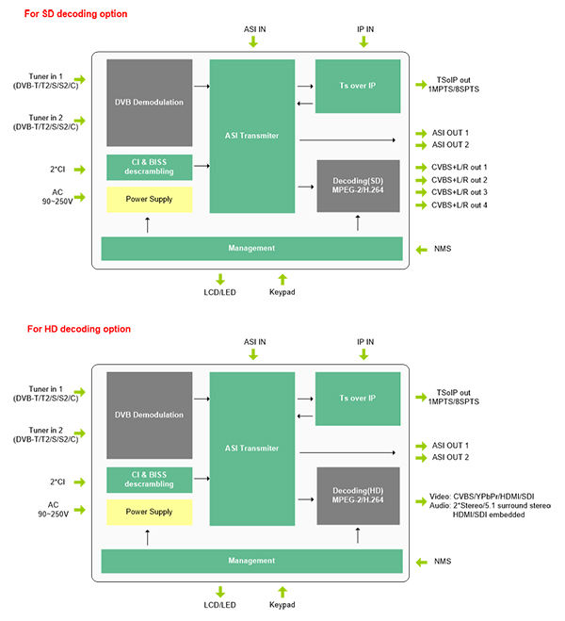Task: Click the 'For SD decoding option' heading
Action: (x=75, y=14)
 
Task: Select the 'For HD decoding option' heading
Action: (x=79, y=329)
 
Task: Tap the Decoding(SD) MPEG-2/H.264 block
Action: (x=358, y=186)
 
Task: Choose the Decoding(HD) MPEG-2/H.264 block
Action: (x=358, y=496)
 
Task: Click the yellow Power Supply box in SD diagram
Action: (x=149, y=199)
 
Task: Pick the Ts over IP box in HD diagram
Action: (x=358, y=399)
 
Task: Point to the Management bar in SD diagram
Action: (x=251, y=249)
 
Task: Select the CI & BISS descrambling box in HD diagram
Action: (x=149, y=480)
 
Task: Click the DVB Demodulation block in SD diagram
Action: (x=149, y=103)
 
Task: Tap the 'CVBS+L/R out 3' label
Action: (x=459, y=192)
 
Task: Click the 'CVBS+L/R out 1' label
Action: (x=459, y=167)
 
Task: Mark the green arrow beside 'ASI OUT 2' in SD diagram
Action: (x=421, y=145)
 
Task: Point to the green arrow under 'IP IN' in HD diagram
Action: (x=363, y=354)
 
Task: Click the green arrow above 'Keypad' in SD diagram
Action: (x=282, y=279)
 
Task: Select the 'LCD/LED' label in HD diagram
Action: (x=219, y=605)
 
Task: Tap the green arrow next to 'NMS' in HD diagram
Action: (x=421, y=562)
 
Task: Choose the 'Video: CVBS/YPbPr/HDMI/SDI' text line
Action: (x=481, y=497)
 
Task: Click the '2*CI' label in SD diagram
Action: (x=57, y=170)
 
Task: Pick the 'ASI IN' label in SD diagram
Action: (x=254, y=29)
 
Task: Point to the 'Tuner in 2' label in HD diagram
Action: (x=45, y=430)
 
